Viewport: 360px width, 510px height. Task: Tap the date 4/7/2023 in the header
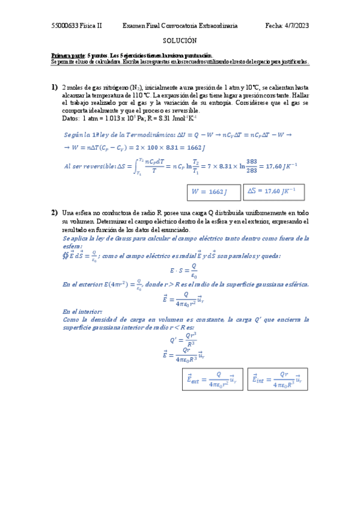click(295, 26)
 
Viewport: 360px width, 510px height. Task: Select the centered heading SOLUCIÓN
click(180, 40)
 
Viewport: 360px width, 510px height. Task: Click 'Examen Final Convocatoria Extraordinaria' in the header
click(180, 26)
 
